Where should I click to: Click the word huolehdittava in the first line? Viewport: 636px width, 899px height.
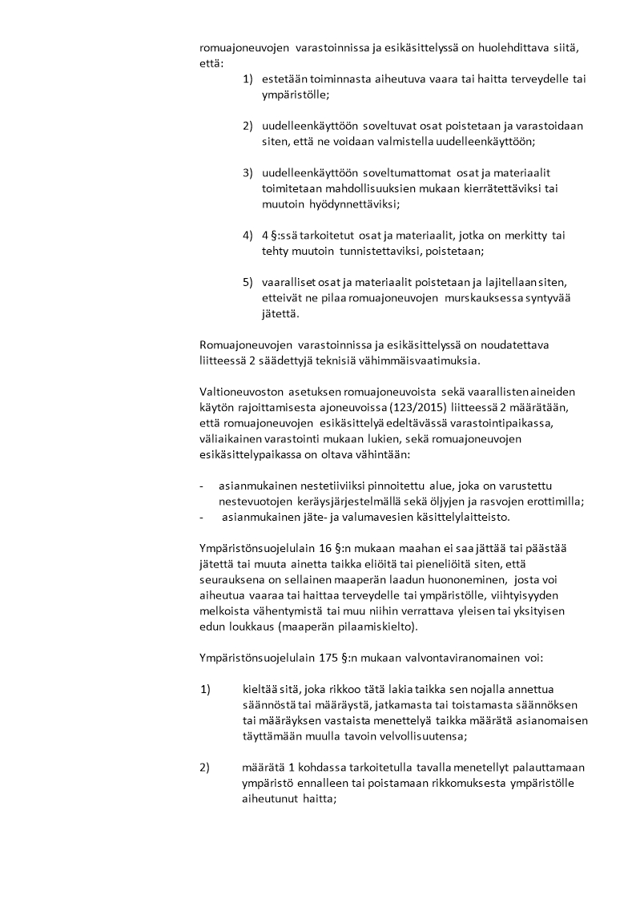[x=508, y=48]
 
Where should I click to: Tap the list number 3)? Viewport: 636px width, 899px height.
[x=248, y=173]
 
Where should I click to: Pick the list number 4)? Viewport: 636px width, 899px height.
[x=248, y=235]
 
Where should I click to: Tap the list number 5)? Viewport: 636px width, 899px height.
[x=248, y=281]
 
